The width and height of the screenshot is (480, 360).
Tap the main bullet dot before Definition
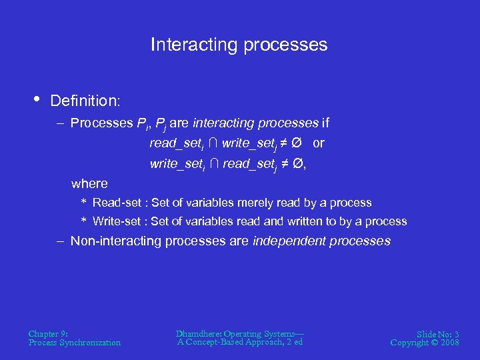pos(35,99)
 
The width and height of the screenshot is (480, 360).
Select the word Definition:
pos(85,101)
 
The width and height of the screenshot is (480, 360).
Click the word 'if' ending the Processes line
pos(325,123)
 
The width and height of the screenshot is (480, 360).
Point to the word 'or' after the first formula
pos(318,143)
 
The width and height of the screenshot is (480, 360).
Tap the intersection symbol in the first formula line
pos(215,143)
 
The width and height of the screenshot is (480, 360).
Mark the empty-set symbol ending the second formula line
pos(299,164)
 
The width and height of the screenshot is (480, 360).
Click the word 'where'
pos(89,183)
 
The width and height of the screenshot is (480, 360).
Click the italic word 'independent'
pos(286,241)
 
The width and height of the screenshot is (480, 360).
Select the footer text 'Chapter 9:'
pos(48,333)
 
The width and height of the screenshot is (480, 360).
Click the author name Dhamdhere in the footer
pos(198,333)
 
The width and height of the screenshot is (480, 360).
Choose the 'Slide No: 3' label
pos(437,333)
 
